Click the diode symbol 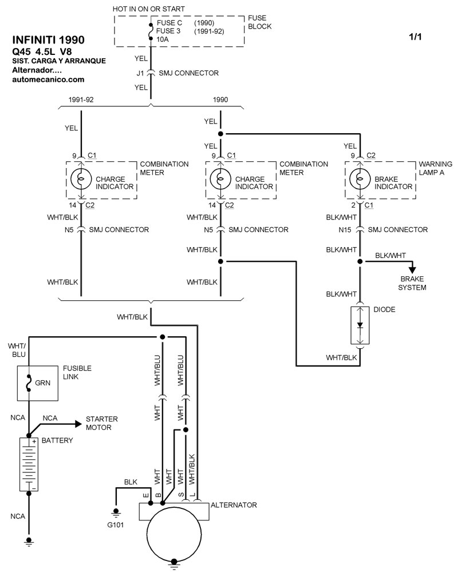pos(360,325)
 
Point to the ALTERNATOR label pos(234,505)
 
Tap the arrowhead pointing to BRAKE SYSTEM pos(412,271)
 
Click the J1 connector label pos(140,73)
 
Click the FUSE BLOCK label pos(259,22)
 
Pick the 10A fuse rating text pos(164,39)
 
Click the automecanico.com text pos(48,79)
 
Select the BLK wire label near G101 pos(131,482)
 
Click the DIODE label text pos(384,309)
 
